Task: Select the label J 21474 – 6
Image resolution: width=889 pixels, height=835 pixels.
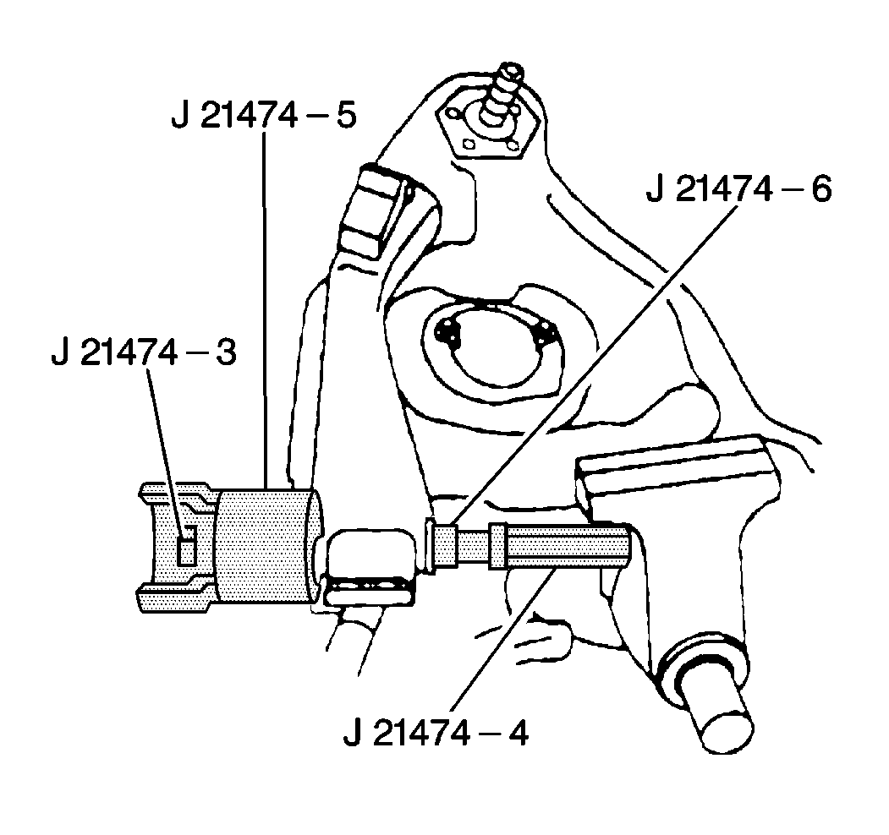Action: point(738,190)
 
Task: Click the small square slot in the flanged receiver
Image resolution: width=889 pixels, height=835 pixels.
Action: point(187,546)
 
